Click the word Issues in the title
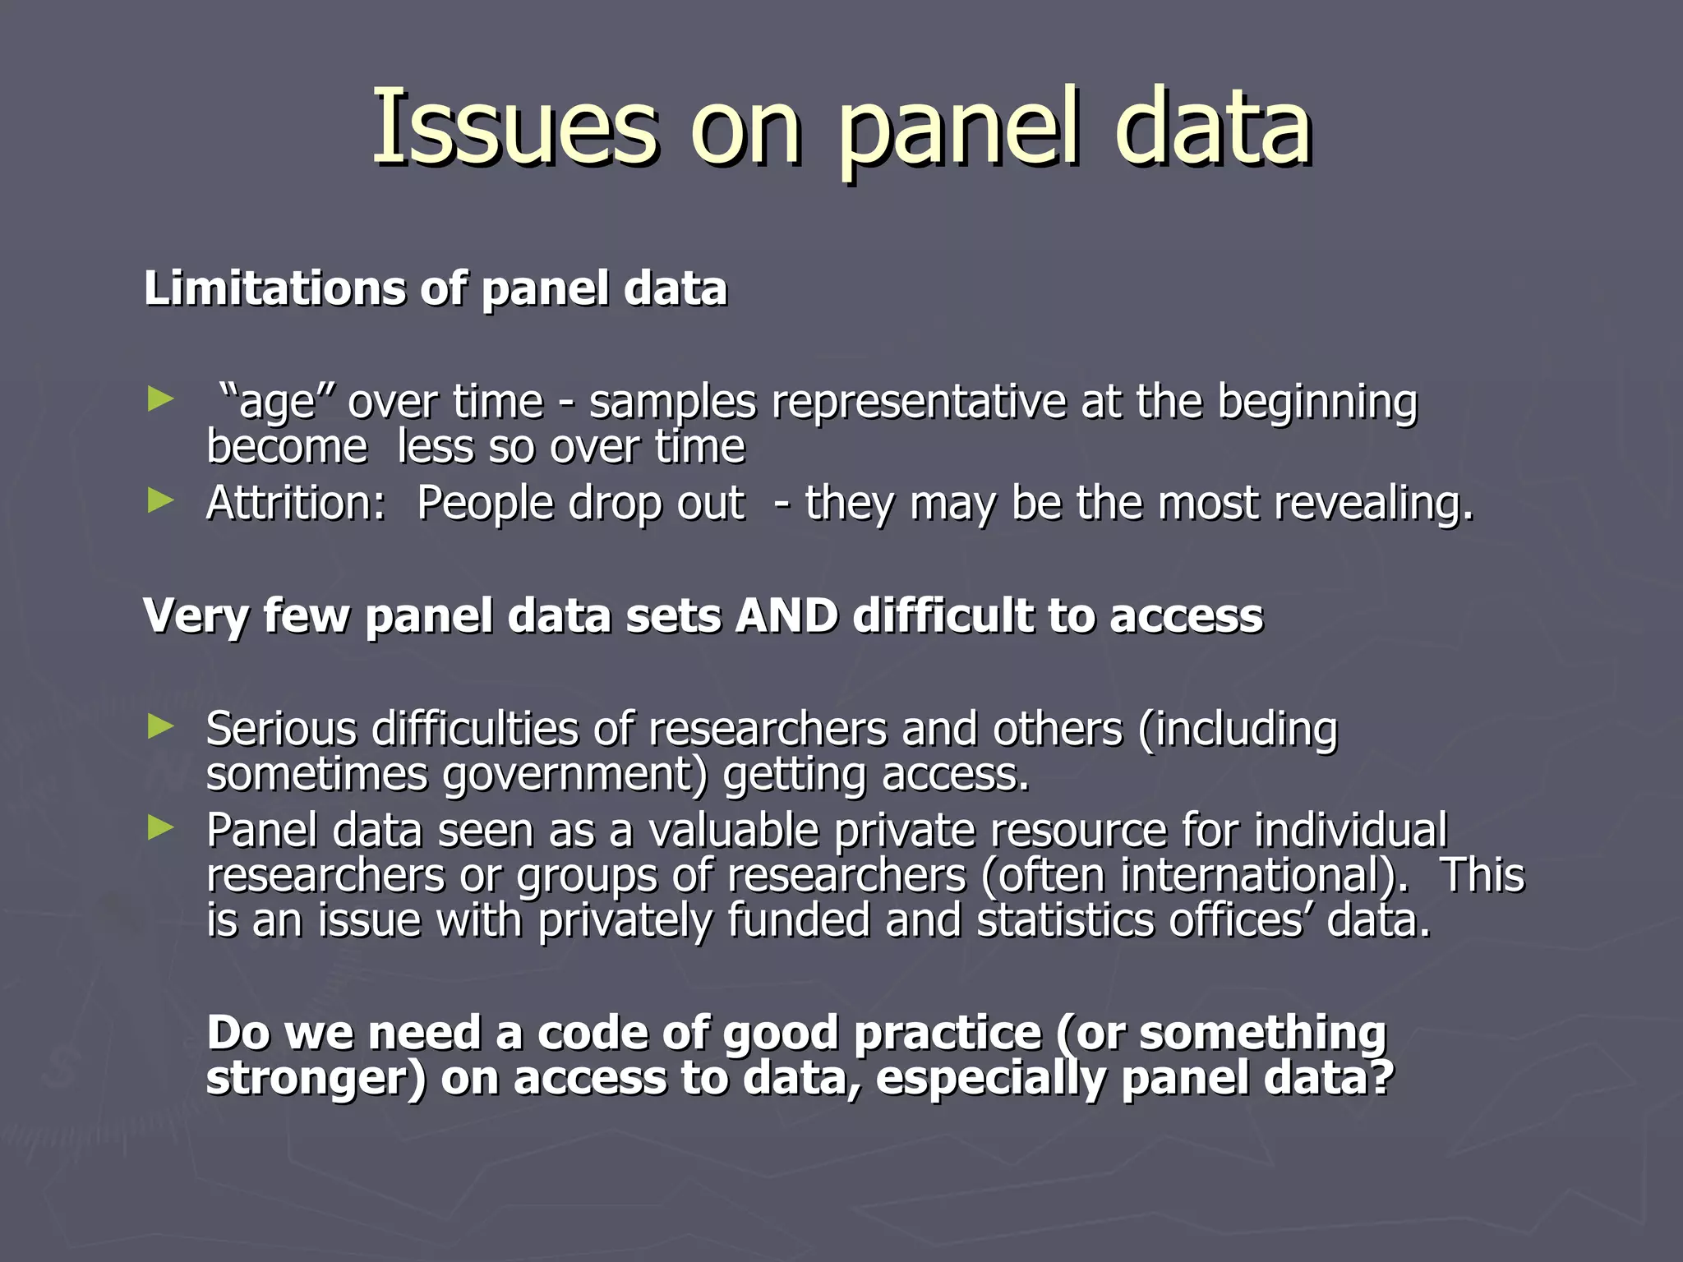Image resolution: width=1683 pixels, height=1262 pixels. tap(514, 127)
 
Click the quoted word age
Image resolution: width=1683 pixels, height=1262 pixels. tap(274, 403)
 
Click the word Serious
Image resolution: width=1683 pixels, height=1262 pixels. tap(281, 729)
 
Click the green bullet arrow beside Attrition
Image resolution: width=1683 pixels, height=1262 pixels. tap(161, 500)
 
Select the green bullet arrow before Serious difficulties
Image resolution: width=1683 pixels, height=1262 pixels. tap(161, 726)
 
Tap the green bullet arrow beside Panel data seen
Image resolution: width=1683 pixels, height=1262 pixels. tap(161, 828)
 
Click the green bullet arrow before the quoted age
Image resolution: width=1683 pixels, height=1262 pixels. tap(161, 400)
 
